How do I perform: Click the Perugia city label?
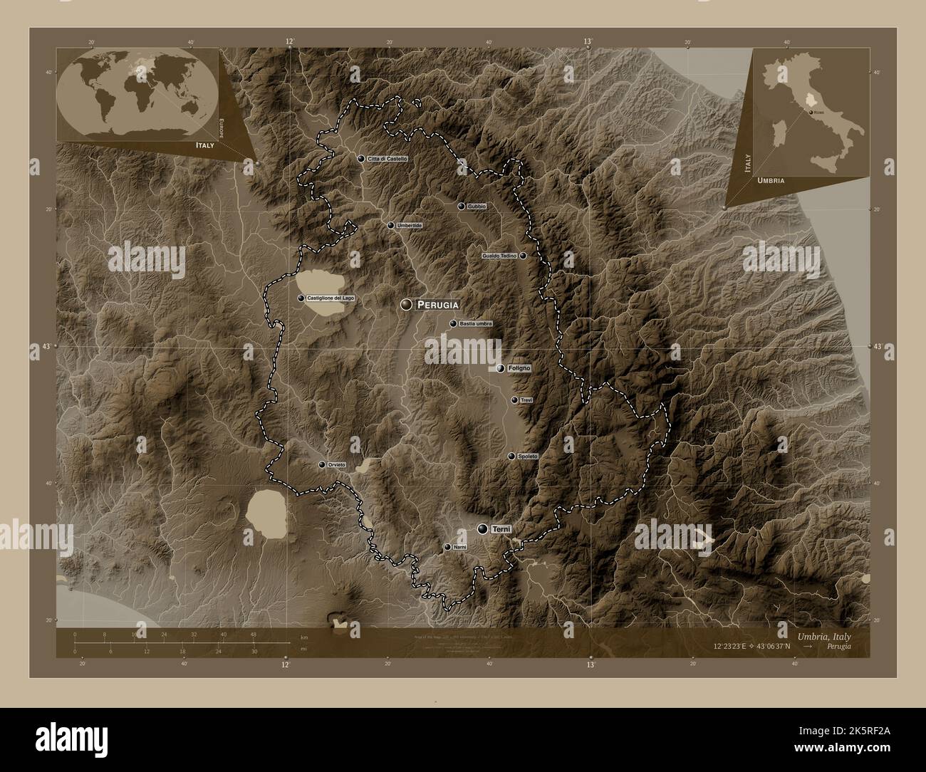click(x=437, y=305)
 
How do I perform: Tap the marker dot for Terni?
click(x=484, y=528)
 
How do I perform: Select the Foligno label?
click(x=520, y=368)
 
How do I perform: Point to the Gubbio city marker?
click(x=462, y=207)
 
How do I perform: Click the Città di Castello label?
click(x=387, y=158)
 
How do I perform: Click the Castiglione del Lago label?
click(x=330, y=298)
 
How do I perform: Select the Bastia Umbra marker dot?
click(x=453, y=324)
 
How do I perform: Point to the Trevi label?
click(x=527, y=400)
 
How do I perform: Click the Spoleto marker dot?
click(x=511, y=456)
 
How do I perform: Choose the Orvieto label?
click(x=337, y=465)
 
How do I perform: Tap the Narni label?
click(x=459, y=547)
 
